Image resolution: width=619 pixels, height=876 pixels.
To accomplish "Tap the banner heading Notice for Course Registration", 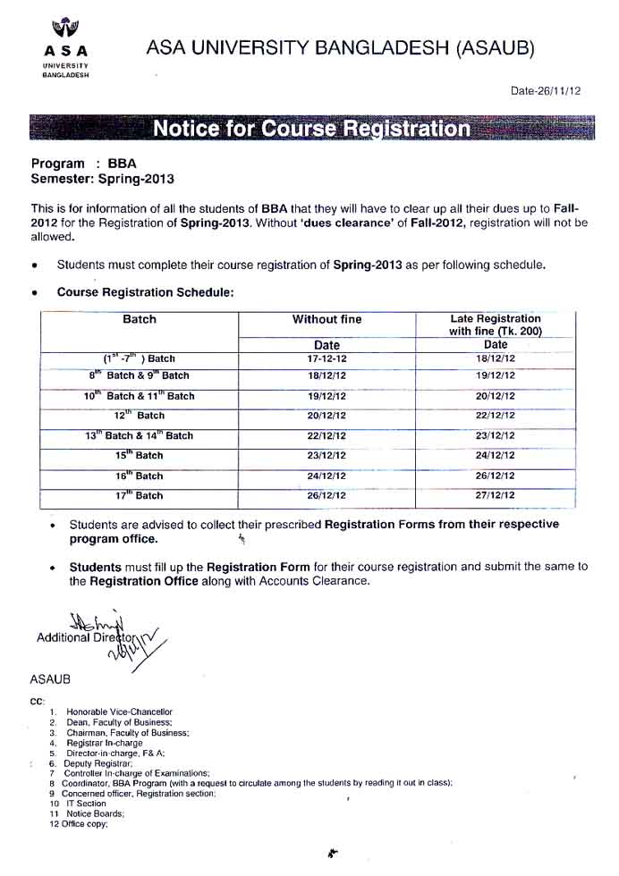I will click(311, 129).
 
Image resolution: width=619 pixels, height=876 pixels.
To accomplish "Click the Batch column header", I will click(139, 319).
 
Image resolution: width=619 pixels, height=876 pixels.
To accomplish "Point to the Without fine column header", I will click(326, 319).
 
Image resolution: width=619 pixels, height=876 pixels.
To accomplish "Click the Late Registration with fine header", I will click(496, 324).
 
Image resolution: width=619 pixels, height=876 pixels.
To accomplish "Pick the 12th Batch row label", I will click(139, 416).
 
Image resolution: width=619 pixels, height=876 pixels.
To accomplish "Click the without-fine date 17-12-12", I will click(326, 358).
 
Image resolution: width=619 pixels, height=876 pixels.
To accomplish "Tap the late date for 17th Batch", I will click(496, 495).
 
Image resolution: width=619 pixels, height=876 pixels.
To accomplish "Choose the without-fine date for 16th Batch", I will click(326, 476).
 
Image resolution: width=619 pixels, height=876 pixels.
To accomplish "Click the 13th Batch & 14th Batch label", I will click(139, 435).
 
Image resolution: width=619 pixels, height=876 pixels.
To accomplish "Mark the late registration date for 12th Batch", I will click(496, 416).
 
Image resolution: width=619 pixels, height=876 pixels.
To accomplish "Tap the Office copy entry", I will click(85, 824).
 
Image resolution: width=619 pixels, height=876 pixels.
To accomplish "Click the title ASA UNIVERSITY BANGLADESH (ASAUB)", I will click(340, 48).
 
